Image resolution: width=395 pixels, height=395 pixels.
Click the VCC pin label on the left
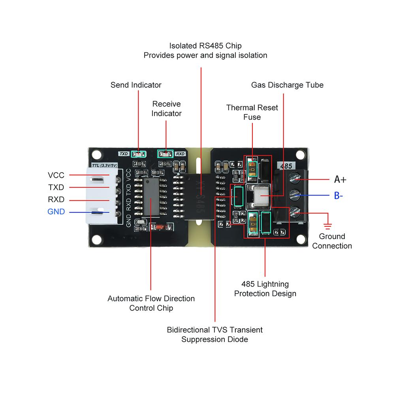56,175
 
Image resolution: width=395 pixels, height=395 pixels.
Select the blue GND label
56,212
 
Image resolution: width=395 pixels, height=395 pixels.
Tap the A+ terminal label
340,179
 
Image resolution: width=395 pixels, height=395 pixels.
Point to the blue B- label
339,196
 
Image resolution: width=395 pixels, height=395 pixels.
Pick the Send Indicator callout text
136,85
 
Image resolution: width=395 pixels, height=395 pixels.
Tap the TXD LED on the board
139,154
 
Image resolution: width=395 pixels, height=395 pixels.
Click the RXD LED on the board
165,154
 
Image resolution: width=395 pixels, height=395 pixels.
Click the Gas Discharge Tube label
287,85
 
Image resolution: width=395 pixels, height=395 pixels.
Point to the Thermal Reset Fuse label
252,112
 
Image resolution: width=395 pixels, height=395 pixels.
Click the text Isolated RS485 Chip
205,45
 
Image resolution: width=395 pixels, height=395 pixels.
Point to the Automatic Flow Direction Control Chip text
151,303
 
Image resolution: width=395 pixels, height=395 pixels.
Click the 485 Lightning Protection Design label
265,289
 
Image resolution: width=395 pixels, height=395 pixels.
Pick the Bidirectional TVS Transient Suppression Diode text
214,334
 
